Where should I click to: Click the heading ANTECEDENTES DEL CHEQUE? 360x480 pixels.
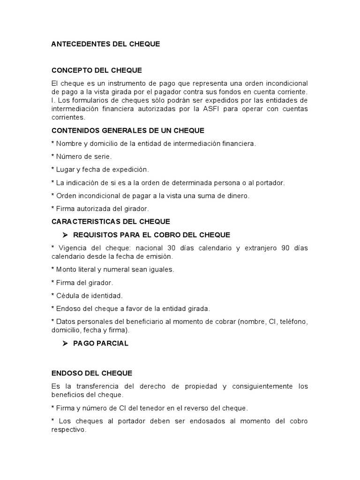105,44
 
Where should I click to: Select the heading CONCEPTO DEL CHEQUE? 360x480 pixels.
97,70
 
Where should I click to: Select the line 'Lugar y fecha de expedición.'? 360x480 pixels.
102,169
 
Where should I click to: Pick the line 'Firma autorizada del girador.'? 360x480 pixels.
102,209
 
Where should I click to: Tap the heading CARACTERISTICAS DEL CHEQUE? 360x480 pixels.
111,221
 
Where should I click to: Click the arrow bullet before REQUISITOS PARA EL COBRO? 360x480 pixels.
66,234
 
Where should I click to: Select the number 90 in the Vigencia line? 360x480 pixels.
285,247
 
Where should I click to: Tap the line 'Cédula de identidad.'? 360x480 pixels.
89,295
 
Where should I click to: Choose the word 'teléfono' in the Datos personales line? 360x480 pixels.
294,322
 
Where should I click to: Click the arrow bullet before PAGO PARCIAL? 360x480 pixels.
66,343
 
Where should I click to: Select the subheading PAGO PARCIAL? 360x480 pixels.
101,343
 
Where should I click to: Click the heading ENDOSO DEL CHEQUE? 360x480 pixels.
92,373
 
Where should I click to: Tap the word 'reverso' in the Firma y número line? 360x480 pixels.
195,408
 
